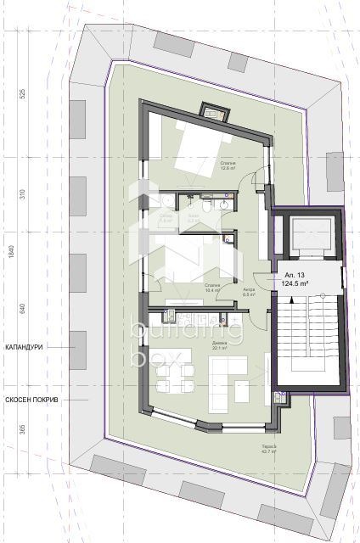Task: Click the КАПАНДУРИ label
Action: [x=24, y=347]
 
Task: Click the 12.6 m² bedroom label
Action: [x=226, y=166]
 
